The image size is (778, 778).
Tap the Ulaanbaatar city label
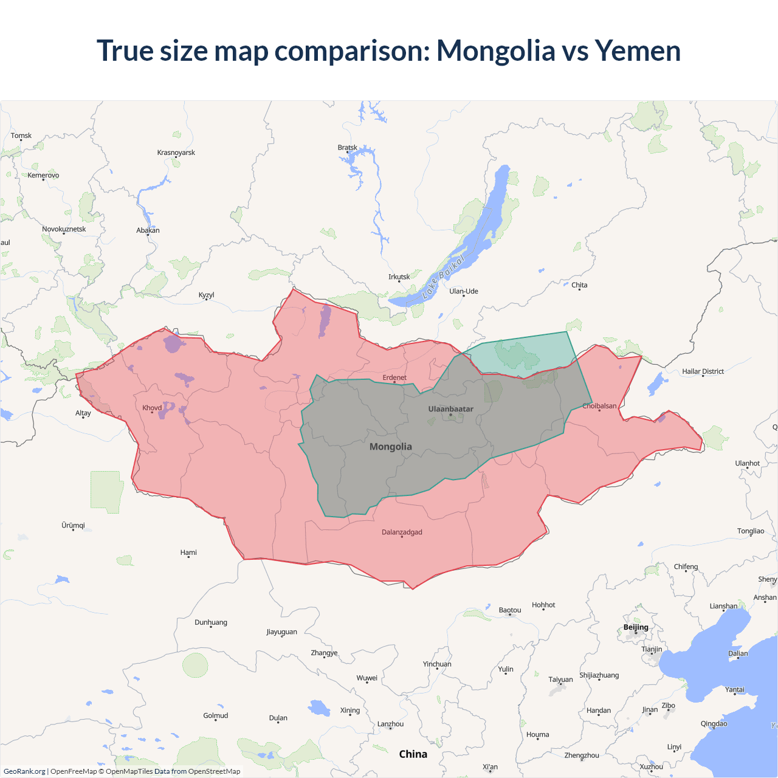(x=450, y=409)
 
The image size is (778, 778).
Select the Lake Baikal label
(x=443, y=277)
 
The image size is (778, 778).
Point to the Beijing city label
(x=636, y=627)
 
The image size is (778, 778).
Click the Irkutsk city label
(x=399, y=277)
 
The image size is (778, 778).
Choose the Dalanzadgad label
(x=402, y=532)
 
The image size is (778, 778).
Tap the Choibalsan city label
(x=599, y=406)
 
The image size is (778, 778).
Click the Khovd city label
(x=152, y=408)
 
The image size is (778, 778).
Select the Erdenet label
(x=394, y=378)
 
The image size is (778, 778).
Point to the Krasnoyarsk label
(x=176, y=153)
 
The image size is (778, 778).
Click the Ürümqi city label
(x=73, y=526)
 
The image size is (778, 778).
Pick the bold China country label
(x=413, y=754)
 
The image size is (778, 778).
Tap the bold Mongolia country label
(x=391, y=447)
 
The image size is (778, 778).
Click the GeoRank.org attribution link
(x=24, y=771)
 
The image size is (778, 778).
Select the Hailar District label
(x=703, y=371)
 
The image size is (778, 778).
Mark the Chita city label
(x=579, y=285)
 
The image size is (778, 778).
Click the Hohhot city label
(x=543, y=605)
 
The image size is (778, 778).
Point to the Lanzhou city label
(x=390, y=725)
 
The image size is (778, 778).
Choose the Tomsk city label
(x=21, y=136)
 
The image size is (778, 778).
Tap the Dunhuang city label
(x=211, y=622)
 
